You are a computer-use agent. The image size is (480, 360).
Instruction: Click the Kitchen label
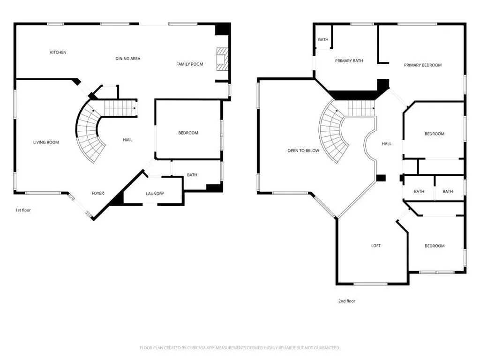(58, 52)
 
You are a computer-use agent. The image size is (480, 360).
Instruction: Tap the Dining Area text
(127, 59)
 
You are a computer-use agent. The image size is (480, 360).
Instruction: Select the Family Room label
(189, 64)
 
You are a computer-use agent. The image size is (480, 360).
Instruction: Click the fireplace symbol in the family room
(222, 59)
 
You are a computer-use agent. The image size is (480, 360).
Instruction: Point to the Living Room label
(46, 142)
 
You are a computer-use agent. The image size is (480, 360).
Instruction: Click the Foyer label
(97, 193)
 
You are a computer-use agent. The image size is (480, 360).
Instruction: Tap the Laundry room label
(155, 194)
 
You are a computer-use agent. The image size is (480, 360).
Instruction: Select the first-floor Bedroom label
(188, 133)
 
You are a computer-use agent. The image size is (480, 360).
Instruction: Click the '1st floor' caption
(23, 210)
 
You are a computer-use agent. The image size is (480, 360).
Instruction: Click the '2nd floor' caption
(347, 301)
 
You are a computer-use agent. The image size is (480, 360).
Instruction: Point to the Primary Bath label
(349, 61)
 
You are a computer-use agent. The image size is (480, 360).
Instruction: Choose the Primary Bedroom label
(423, 65)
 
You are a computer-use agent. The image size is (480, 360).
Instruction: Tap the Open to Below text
(303, 150)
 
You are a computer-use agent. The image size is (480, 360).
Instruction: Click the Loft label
(376, 246)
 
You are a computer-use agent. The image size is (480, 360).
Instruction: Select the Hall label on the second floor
(387, 143)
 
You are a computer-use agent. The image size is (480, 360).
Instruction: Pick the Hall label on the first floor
(127, 140)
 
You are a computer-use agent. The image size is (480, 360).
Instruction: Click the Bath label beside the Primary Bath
(323, 39)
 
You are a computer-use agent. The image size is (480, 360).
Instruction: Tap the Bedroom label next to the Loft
(435, 246)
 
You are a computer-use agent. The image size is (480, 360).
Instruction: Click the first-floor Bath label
(192, 175)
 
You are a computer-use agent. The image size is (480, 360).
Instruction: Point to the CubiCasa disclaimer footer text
(240, 348)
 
